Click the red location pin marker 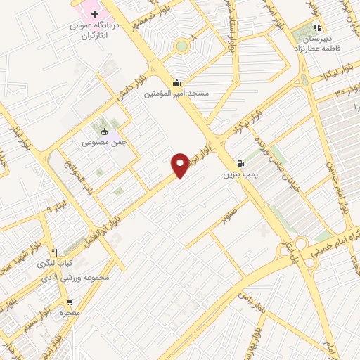[181, 166]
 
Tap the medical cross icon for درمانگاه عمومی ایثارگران [94, 14]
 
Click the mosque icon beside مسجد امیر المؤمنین [176, 81]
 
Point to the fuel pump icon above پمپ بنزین [242, 160]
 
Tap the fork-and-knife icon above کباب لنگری [53, 252]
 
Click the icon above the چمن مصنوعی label [104, 131]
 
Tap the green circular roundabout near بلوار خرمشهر [182, 46]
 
